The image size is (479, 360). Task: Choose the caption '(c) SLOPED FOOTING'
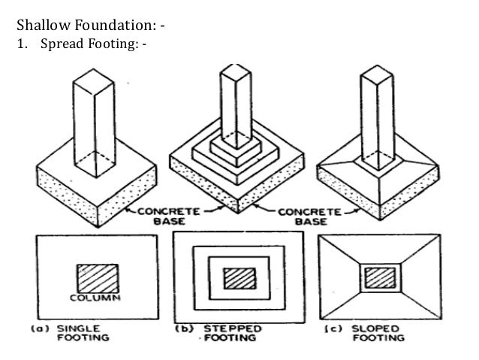pos(366,333)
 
